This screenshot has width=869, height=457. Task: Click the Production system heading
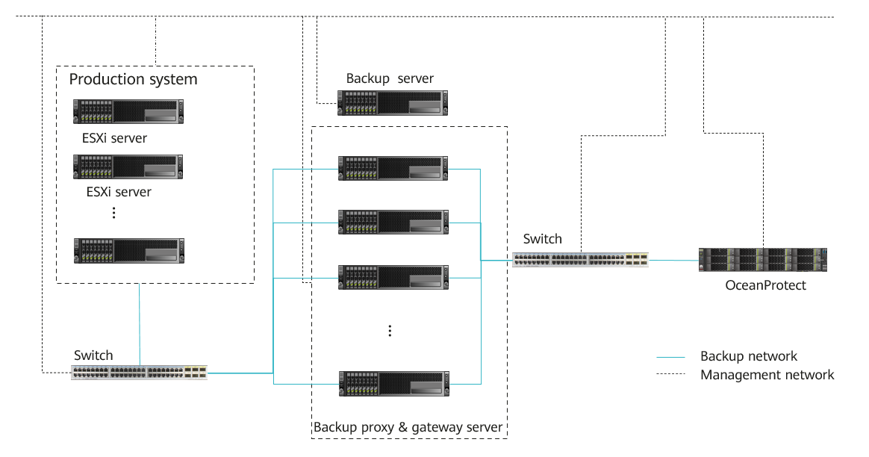[133, 79]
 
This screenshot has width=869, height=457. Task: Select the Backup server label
[390, 78]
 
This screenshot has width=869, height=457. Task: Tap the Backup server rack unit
[393, 102]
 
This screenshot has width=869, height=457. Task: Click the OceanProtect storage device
[762, 260]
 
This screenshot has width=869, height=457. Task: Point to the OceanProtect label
[766, 285]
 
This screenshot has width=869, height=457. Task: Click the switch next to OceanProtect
[580, 260]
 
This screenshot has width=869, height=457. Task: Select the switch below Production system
[140, 372]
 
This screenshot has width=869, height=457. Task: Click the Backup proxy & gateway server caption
[408, 428]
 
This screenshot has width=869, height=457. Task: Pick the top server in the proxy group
[393, 168]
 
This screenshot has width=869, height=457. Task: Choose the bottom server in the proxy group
[393, 383]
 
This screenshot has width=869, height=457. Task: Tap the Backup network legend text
[749, 357]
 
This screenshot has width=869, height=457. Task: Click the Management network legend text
[767, 375]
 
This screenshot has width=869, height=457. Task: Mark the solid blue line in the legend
[672, 357]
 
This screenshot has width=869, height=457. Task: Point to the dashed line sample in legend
[672, 375]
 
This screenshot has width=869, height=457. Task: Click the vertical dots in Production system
[113, 213]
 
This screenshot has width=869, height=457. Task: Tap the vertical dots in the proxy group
[390, 331]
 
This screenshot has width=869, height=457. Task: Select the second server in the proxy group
[393, 222]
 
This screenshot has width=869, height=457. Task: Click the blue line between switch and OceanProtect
[673, 261]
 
